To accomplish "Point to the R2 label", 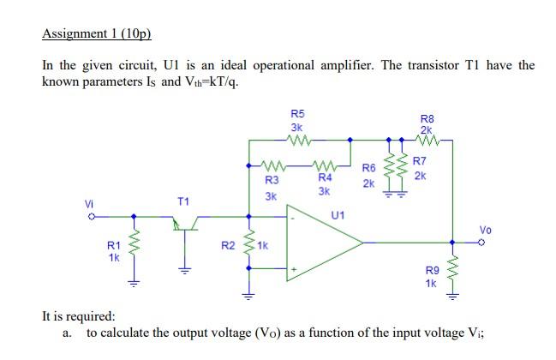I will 228,246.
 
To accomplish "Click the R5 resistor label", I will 297,113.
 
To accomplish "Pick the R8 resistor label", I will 427,118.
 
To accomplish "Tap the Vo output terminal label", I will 485,230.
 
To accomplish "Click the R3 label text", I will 271,180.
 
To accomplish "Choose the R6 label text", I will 368,168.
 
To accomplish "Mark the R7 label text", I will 419,161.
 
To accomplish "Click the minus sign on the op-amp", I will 294,219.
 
